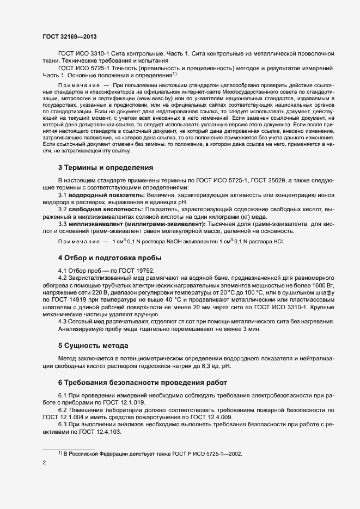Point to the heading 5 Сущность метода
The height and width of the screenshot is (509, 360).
coord(93,345)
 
